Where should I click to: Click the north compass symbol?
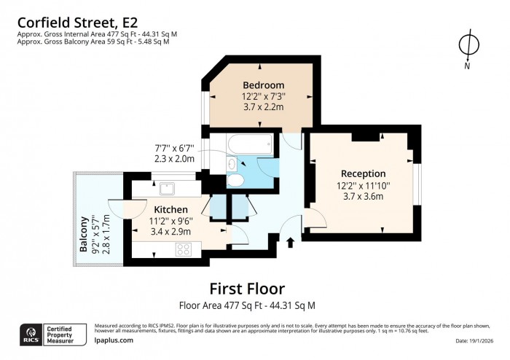tap(468, 45)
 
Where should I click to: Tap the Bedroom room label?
tap(263, 85)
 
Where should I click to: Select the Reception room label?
tap(363, 173)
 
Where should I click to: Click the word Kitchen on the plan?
tap(172, 209)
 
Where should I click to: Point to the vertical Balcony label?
tap(85, 235)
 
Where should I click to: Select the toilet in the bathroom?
tap(235, 180)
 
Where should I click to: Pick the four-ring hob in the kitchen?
tap(182, 249)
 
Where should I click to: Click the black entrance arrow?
tap(292, 243)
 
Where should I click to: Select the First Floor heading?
tap(247, 289)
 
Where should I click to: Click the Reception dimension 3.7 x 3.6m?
tap(363, 197)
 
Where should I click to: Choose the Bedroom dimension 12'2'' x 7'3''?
tap(263, 95)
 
